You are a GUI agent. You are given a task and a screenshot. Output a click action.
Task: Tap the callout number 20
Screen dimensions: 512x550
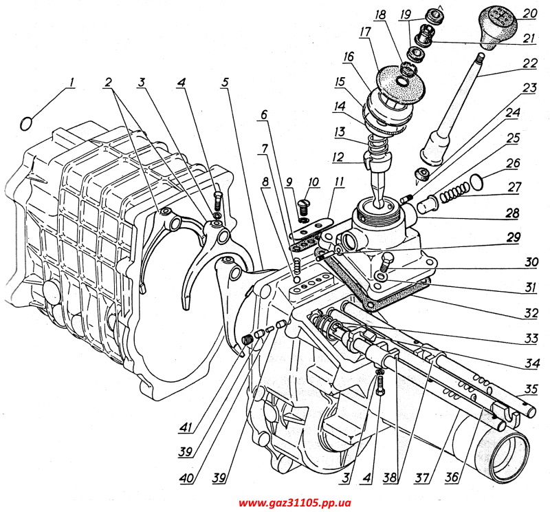[x=529, y=13]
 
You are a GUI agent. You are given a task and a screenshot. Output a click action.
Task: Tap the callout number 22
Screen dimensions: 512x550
[x=528, y=63]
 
